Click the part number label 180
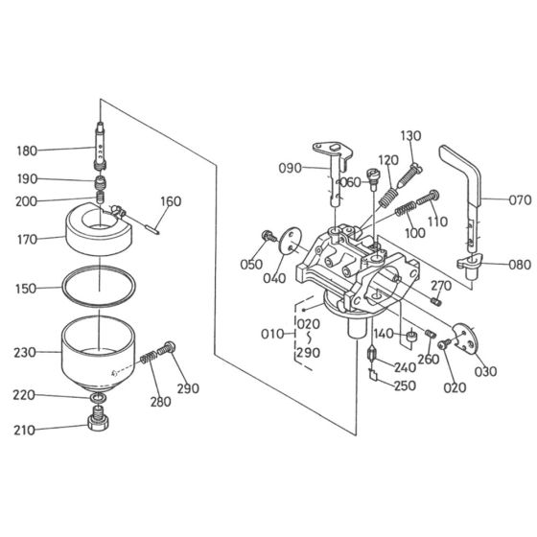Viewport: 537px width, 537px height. [28, 151]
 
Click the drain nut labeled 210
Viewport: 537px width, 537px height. [97, 420]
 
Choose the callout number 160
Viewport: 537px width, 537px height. [171, 201]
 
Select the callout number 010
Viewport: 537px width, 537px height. [272, 334]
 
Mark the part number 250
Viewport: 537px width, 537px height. [405, 385]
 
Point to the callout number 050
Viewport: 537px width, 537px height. [252, 264]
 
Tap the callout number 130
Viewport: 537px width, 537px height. [410, 135]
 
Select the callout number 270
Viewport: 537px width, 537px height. [441, 286]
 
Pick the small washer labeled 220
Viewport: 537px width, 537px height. [98, 396]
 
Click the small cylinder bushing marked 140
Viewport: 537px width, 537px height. [409, 338]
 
